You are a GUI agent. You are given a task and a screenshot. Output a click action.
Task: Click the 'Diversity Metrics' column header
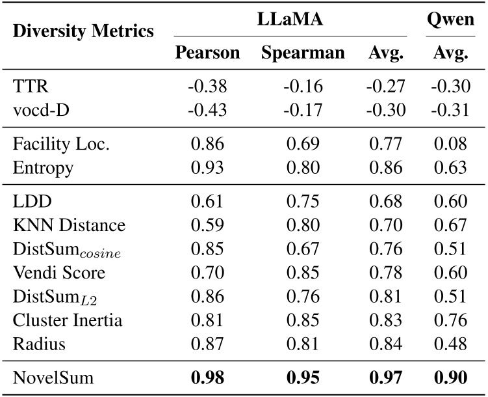pos(83,31)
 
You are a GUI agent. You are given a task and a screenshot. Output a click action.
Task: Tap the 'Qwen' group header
pos(451,20)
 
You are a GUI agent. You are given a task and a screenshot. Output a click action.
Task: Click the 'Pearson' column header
pos(208,53)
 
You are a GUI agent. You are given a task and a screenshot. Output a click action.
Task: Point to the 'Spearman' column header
pos(303,53)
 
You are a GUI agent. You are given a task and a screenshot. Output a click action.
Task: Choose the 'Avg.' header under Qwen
pos(451,53)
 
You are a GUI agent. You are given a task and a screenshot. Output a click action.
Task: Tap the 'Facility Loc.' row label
pos(61,145)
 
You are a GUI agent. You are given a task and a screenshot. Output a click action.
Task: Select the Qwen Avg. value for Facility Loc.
pos(451,145)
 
